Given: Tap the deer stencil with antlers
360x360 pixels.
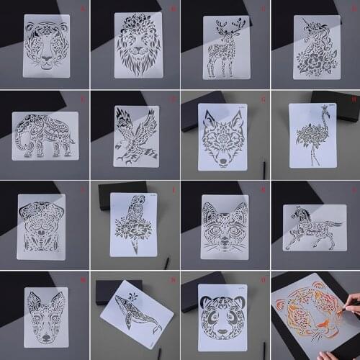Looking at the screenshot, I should coord(225,47).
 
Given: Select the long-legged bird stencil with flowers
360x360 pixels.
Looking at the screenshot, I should coord(314,137).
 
